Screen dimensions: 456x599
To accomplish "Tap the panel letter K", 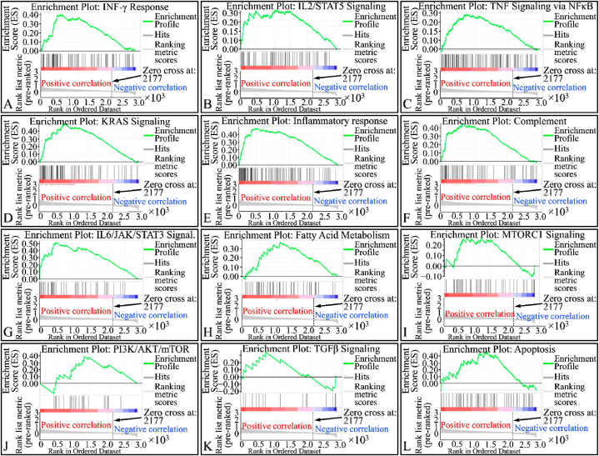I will click(x=205, y=448).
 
